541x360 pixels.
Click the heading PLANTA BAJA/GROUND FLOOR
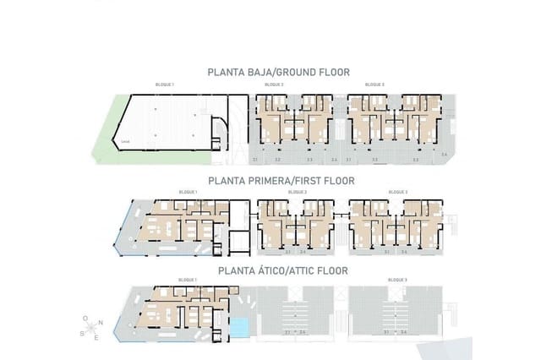(278, 73)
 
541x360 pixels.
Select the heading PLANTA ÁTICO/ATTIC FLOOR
(282, 271)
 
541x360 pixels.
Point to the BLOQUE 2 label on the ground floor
(274, 85)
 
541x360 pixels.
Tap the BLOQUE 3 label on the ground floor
(374, 85)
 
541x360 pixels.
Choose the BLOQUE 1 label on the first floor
(188, 192)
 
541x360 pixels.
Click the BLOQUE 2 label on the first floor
(297, 192)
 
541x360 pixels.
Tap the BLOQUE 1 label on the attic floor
(188, 280)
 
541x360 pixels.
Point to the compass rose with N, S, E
(91, 326)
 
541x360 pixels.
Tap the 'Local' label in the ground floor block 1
(125, 141)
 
